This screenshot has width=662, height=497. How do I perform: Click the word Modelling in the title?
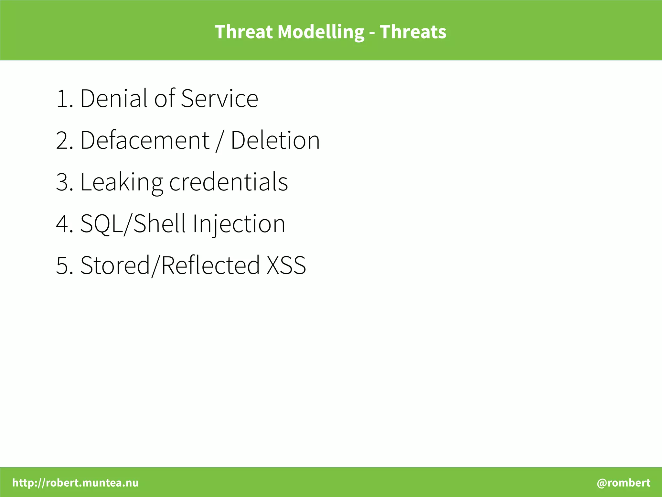(321, 32)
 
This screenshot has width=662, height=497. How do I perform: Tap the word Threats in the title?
(413, 32)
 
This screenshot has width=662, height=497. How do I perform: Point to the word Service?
(219, 98)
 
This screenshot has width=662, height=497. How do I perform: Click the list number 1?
(63, 99)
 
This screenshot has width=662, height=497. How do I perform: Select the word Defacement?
(145, 140)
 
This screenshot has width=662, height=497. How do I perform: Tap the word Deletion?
(275, 140)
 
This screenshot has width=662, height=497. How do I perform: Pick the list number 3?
(63, 182)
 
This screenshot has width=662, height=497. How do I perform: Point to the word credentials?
(228, 182)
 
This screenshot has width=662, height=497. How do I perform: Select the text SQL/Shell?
(133, 224)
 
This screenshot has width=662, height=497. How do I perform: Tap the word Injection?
(239, 224)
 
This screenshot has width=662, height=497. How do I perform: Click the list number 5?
(63, 265)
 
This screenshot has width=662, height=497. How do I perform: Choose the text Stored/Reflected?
(170, 265)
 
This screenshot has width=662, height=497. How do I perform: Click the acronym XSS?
(286, 265)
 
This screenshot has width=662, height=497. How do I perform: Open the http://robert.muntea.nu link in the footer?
(75, 483)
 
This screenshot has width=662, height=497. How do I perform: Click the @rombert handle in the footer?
(623, 483)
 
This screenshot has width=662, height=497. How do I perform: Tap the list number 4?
(63, 224)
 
